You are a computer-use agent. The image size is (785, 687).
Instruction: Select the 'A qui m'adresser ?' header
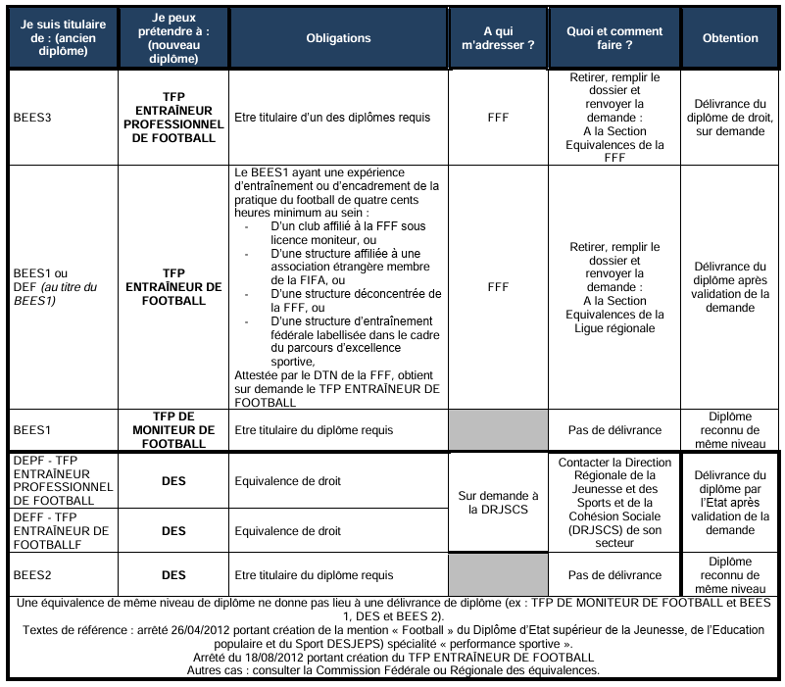[498, 38]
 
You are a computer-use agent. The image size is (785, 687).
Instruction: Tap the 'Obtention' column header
[730, 38]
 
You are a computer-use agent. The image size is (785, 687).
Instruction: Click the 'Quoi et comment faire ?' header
[613, 38]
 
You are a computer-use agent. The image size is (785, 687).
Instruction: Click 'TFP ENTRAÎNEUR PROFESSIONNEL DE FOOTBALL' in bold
[173, 118]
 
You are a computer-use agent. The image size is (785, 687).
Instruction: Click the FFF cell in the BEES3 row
[498, 118]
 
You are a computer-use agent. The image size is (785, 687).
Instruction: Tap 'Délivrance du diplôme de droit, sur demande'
[730, 118]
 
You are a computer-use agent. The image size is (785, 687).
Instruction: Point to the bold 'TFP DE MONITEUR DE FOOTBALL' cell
[173, 429]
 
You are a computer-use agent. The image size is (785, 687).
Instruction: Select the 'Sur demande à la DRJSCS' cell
[498, 503]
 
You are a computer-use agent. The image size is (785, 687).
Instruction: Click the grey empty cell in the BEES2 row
[498, 575]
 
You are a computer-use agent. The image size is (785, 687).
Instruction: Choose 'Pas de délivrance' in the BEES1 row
[613, 429]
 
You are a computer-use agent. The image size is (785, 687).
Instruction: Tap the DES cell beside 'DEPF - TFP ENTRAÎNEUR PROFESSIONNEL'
[173, 481]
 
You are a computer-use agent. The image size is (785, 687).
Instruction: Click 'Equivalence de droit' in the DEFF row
[288, 531]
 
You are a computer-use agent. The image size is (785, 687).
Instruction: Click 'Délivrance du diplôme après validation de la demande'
[730, 286]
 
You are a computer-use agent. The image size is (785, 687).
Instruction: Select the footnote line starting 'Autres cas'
[393, 670]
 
